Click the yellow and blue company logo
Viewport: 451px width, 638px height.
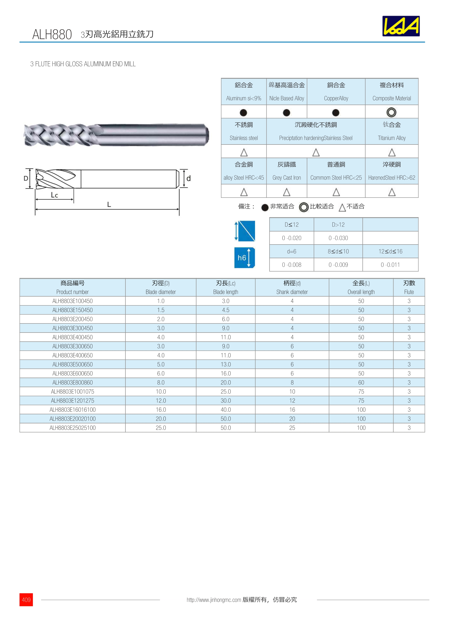coord(401,26)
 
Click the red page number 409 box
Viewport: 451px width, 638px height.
coord(26,599)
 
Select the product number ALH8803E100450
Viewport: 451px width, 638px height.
coord(73,301)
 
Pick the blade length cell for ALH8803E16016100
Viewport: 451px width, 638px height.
coord(225,410)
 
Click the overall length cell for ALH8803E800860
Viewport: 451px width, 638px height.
coord(361,382)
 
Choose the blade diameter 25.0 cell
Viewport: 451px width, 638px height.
coord(161,428)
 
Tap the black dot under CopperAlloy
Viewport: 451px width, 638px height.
coord(336,113)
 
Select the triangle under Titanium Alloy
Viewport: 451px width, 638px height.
coord(392,152)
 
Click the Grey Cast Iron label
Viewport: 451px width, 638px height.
coord(287,178)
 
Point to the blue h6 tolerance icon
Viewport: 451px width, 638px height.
coord(244,258)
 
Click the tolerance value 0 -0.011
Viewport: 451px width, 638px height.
coord(390,265)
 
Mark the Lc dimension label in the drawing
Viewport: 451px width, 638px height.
coord(54,195)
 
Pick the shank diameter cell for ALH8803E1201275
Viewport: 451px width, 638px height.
coord(292,400)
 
